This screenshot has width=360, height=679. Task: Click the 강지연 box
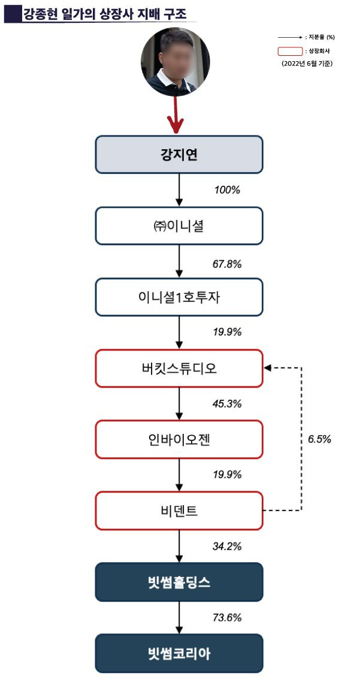tap(179, 155)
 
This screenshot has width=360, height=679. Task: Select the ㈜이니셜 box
tap(179, 225)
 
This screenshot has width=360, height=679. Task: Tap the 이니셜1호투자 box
tap(179, 297)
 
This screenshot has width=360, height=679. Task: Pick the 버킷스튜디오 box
tap(179, 368)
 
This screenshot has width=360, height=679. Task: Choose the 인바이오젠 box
tap(179, 439)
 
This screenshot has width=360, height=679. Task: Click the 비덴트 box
tap(179, 511)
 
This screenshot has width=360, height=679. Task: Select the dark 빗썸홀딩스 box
tap(179, 582)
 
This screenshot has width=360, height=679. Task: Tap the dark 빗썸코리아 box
tap(179, 653)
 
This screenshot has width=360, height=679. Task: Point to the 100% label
tap(227, 190)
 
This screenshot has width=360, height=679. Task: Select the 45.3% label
tap(227, 404)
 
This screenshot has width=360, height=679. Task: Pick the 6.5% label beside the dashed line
tap(319, 439)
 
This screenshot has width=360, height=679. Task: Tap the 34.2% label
tap(227, 546)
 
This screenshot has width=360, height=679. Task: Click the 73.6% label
tap(227, 617)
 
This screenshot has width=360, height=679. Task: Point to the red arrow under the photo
tap(176, 115)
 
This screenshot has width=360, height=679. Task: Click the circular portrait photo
tap(175, 62)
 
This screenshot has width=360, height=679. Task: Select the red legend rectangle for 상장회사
tap(290, 52)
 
